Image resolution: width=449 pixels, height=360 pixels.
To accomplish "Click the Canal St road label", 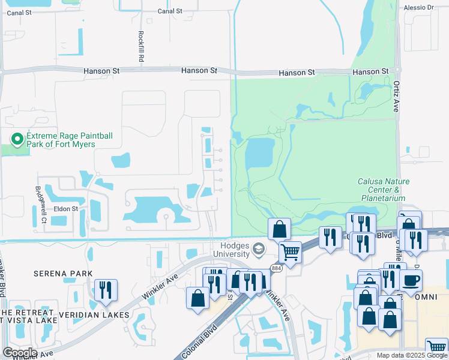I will [170, 11].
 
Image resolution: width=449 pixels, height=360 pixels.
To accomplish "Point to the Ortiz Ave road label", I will [396, 97].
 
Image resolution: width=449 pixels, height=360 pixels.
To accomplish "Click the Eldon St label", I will [67, 209].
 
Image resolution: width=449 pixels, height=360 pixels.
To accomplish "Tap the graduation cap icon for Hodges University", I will [258, 248].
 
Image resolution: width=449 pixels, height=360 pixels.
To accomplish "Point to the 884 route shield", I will [276, 268].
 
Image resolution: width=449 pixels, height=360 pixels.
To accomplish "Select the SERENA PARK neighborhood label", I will [63, 274].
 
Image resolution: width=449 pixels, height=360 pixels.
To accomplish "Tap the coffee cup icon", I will [411, 280].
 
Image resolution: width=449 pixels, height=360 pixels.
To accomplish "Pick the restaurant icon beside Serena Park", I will [106, 290].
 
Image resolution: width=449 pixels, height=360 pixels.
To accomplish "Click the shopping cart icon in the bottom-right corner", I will [436, 348].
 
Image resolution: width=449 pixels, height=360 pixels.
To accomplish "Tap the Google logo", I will [20, 352].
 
